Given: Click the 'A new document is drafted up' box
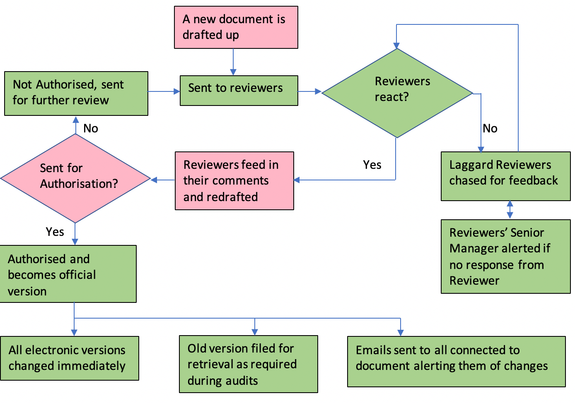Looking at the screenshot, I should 236,27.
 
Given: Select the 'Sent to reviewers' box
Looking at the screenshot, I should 239,90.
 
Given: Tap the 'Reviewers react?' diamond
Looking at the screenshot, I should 397,93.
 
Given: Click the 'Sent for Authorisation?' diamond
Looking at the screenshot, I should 75,178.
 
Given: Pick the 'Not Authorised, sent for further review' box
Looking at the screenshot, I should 76,93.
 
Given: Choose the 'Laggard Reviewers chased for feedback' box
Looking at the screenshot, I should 505,176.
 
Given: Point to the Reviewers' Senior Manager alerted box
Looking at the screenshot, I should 505,256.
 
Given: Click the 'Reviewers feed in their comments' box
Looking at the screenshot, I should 234,180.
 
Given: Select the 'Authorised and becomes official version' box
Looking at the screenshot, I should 68,274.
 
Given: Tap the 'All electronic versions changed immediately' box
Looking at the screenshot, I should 70,358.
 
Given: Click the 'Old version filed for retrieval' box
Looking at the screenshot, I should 248,364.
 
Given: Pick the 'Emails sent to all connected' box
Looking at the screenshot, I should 456,361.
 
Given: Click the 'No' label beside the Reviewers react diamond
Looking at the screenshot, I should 490,128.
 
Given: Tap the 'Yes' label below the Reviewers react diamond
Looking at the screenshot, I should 372,165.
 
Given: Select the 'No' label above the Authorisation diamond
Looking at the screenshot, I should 91,128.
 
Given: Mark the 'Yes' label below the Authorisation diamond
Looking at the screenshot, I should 55,232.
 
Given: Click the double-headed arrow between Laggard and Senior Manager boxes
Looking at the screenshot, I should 510,210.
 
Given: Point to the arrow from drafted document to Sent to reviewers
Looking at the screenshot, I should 233,62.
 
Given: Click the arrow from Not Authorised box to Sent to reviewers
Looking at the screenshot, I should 164,91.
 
